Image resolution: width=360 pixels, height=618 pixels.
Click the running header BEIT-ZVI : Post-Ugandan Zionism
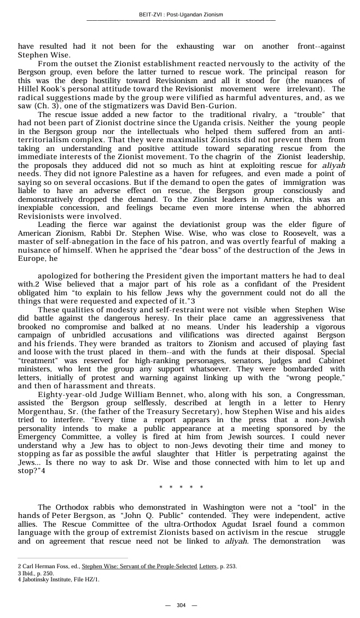click(x=181, y=15)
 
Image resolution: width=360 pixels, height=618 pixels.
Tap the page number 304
click(x=181, y=605)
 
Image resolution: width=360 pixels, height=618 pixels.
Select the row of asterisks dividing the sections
click(x=181, y=487)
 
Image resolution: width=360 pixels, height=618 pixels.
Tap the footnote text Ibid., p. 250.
click(x=36, y=573)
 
